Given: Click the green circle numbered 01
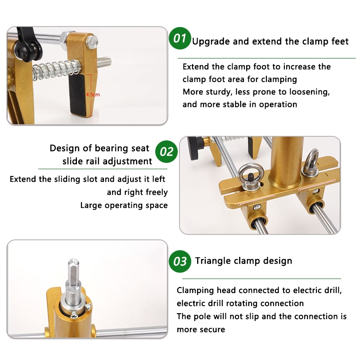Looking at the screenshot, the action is [x=180, y=38].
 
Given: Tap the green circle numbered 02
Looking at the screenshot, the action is [x=166, y=152].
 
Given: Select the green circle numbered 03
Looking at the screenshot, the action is [x=180, y=261].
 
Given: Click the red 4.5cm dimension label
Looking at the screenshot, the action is [x=93, y=94].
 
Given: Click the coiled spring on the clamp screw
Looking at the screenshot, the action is [x=56, y=67].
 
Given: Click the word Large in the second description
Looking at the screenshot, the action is [x=91, y=205].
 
